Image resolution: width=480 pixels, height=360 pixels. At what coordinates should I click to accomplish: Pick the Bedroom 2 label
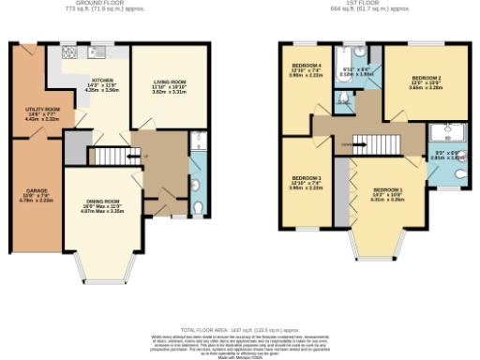[x=427, y=78]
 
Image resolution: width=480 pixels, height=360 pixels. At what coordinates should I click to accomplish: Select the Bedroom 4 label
[x=307, y=67]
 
